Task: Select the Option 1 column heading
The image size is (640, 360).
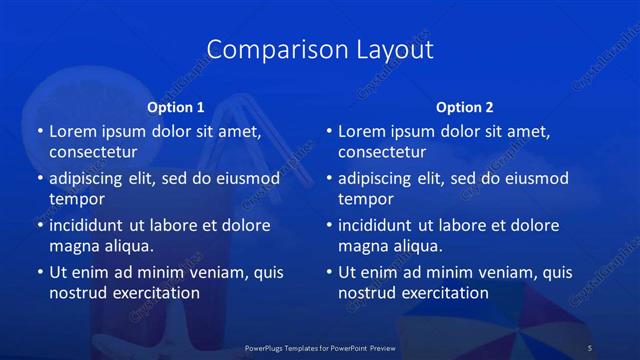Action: point(175,107)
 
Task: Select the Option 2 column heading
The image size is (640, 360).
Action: point(464,107)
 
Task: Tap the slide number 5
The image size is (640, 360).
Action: point(589,347)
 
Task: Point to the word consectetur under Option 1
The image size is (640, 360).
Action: point(93,152)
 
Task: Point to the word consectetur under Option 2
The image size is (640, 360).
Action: point(382,152)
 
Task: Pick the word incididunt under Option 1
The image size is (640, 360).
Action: point(91,225)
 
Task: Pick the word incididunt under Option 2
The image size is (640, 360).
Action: point(380,225)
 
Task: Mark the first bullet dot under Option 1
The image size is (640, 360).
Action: point(39,131)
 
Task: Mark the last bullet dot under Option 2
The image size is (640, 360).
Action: point(328,272)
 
